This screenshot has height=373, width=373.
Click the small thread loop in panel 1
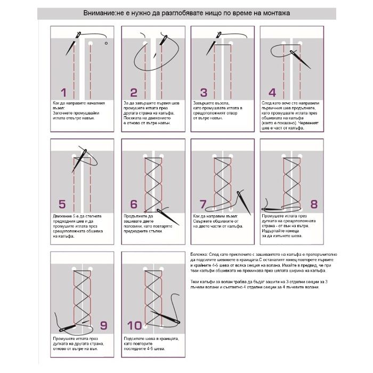tap(107, 43)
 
